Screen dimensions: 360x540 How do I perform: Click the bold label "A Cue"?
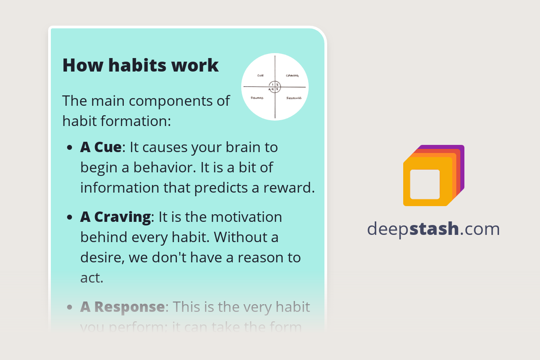click(x=101, y=147)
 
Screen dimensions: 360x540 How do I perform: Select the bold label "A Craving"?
click(x=115, y=217)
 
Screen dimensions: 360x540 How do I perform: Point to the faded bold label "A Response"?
click(x=122, y=307)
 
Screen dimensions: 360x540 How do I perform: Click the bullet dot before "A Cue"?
click(x=69, y=148)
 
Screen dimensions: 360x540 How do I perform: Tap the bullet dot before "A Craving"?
click(x=69, y=218)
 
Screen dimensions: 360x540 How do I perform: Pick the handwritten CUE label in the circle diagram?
click(x=260, y=76)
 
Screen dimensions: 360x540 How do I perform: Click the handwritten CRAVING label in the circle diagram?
click(x=292, y=76)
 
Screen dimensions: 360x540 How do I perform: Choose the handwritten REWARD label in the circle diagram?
click(x=257, y=98)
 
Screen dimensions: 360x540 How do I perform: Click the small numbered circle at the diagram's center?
click(x=274, y=86)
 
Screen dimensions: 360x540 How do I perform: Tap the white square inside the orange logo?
click(x=425, y=184)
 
